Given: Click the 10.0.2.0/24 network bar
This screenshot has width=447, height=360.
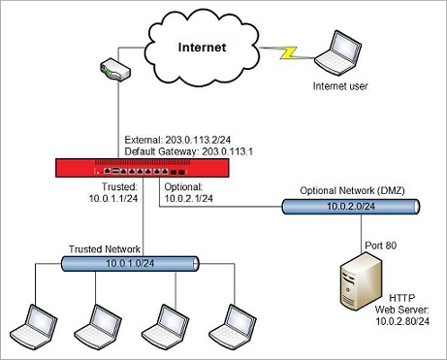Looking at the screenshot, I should tap(351, 208).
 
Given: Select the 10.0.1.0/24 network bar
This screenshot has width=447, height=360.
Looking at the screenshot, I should tap(130, 263).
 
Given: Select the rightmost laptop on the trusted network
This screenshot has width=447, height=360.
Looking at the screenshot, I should tap(232, 323).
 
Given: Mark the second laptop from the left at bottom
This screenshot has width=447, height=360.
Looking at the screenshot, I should tap(103, 323).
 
